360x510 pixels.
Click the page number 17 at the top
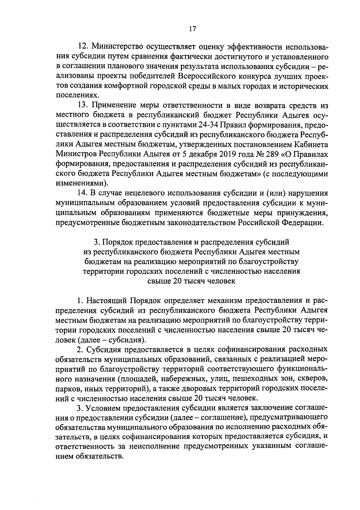[x=192, y=29]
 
